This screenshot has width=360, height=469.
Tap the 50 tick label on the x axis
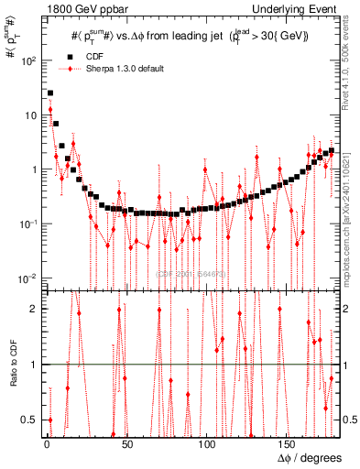[127, 445]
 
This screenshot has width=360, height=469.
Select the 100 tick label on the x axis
[208, 445]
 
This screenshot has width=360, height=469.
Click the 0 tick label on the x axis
[47, 445]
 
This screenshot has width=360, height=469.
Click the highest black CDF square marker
[50, 93]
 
